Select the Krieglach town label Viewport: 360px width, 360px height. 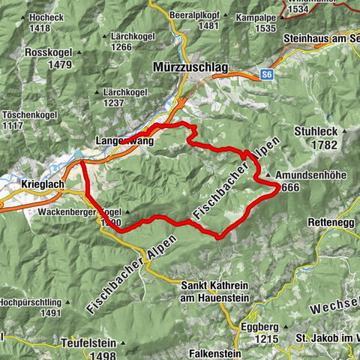[x=35, y=184]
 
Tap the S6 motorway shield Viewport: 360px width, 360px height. [x=266, y=74]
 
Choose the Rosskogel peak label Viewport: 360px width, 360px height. [x=48, y=52]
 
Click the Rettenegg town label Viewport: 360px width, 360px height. [x=330, y=222]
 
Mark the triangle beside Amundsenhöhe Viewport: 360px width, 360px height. [x=269, y=177]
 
